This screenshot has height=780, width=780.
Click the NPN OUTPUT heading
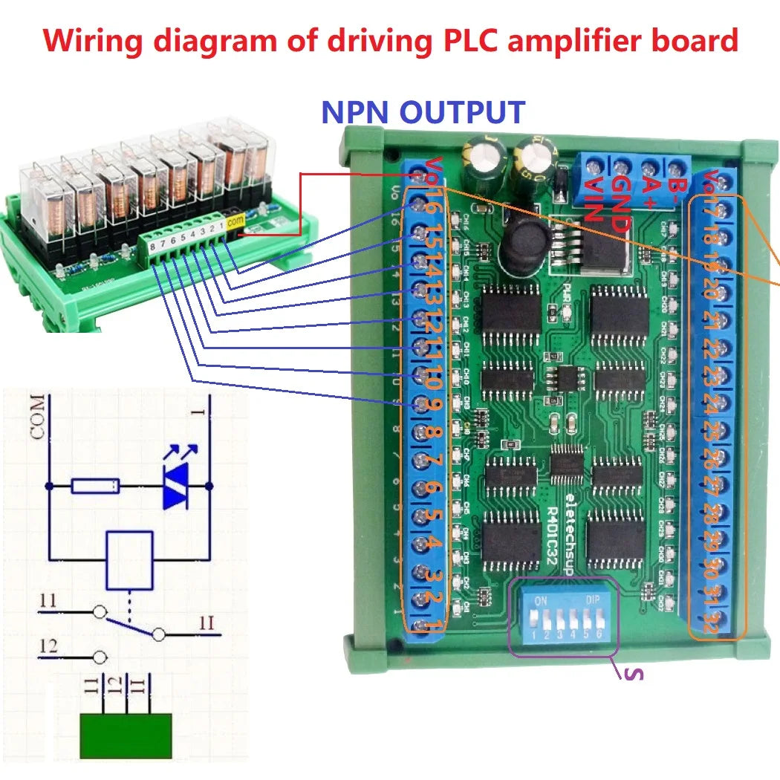[423, 112]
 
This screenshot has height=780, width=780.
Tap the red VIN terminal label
[593, 200]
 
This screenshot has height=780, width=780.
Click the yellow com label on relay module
[235, 221]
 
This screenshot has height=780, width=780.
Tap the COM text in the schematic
[38, 417]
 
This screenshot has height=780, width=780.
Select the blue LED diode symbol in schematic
[175, 490]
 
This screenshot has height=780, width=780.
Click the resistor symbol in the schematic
[95, 487]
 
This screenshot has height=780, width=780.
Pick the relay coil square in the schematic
[130, 557]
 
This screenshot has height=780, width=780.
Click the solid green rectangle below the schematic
[126, 736]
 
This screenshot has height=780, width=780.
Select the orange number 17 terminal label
[712, 210]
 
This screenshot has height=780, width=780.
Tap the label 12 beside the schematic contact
[48, 647]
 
